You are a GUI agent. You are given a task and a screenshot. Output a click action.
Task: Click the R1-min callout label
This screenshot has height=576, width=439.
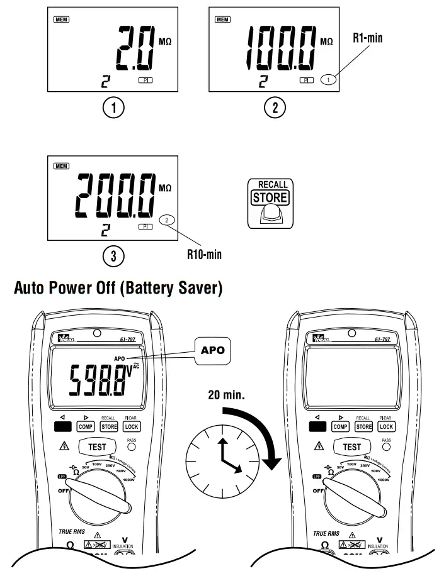367,38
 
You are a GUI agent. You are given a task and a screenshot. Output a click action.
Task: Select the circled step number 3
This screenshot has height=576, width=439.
115,255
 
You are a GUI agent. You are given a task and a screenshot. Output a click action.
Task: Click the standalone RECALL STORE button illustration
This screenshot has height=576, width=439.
270,201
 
